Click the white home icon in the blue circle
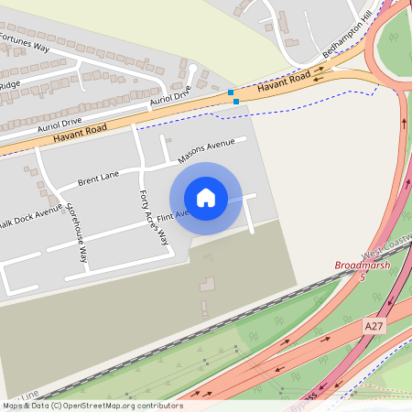pyautogui.click(x=206, y=198)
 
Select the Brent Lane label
pyautogui.click(x=98, y=176)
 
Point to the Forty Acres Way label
pyautogui.click(x=154, y=218)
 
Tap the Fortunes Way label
pyautogui.click(x=25, y=42)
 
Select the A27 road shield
pyautogui.click(x=373, y=326)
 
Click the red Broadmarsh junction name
pyautogui.click(x=363, y=266)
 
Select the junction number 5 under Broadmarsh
pyautogui.click(x=362, y=276)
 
